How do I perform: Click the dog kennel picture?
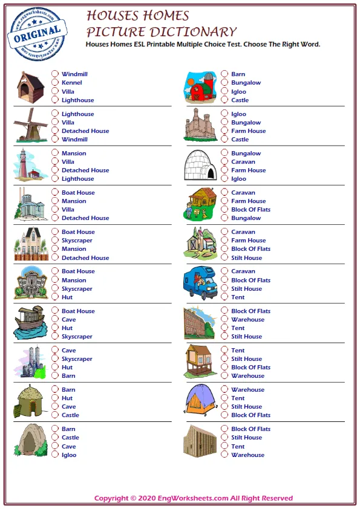pos(30,86)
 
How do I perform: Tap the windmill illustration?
pos(30,125)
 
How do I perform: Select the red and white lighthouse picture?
pos(30,164)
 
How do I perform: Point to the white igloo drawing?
pos(200,164)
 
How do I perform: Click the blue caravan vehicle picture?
pos(200,283)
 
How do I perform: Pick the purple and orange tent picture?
pos(200,401)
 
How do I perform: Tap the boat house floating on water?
pos(30,322)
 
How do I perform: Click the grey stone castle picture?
pos(200,125)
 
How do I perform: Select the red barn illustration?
pos(200,87)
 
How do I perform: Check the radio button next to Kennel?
pos(55,83)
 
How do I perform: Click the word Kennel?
pos(71,83)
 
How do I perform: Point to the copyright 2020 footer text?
pos(194,498)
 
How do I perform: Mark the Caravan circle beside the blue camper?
pos(224,271)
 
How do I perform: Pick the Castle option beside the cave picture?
pos(55,438)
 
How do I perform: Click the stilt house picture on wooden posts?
pos(200,361)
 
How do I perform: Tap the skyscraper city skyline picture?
pos(30,361)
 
